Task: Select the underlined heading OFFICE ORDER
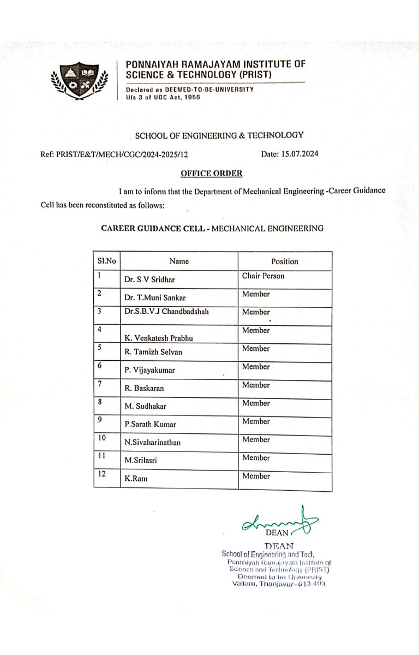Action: click(x=212, y=174)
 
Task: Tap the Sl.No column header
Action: click(x=106, y=261)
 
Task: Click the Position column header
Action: click(x=285, y=261)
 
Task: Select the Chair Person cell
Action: click(x=264, y=276)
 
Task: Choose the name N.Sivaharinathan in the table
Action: click(x=152, y=443)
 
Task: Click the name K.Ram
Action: click(x=136, y=479)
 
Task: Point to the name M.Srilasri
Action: click(x=141, y=461)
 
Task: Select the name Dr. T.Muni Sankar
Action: click(x=155, y=298)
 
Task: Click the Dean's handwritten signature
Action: click(x=278, y=523)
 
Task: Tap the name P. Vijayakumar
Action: click(x=149, y=371)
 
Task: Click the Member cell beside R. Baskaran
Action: click(x=256, y=385)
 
